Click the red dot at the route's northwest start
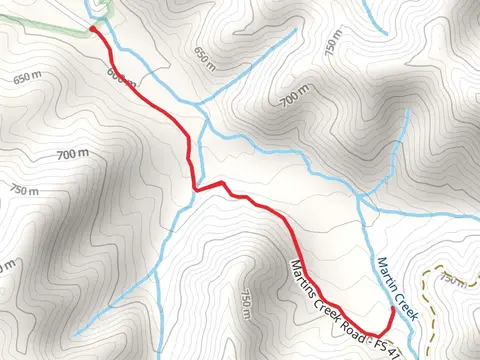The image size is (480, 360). tap(92, 29)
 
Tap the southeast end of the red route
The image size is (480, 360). tap(391, 313)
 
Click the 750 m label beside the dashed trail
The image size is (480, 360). tap(453, 281)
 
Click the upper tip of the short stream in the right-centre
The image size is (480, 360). tap(408, 111)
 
